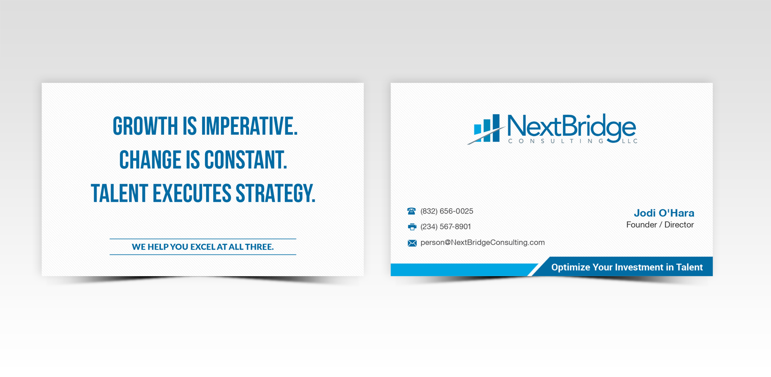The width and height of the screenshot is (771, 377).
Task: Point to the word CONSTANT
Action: (245, 160)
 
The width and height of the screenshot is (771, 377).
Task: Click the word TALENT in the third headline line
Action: (120, 193)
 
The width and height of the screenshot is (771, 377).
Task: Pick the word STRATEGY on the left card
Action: (276, 193)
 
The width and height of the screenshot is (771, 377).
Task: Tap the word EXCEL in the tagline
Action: (203, 247)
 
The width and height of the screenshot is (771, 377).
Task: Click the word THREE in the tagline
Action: (259, 247)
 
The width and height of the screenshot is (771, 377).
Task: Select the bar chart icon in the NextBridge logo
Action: (486, 129)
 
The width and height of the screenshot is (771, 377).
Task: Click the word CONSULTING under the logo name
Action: (555, 141)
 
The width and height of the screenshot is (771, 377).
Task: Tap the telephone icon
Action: (412, 211)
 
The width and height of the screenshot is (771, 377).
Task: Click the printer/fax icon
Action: (412, 227)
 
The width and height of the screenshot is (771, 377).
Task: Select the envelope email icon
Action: (412, 243)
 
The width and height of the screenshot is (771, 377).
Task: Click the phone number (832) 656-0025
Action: (447, 211)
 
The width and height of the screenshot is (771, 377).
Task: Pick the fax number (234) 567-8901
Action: (446, 227)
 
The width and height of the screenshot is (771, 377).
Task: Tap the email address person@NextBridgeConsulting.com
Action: (483, 243)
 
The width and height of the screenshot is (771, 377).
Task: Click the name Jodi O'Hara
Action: (664, 213)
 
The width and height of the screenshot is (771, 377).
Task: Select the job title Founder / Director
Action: (660, 225)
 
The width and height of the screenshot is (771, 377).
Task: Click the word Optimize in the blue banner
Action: (570, 267)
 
